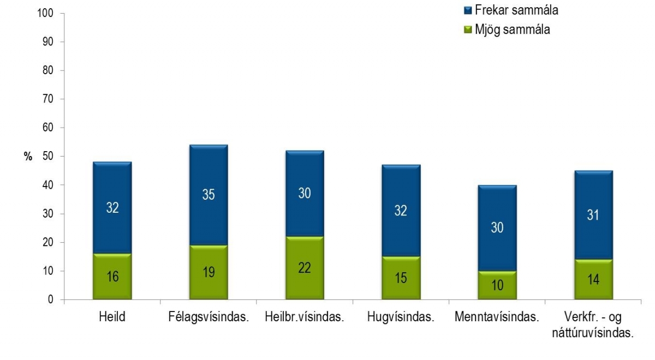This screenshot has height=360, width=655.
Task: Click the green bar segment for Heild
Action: [x=112, y=277]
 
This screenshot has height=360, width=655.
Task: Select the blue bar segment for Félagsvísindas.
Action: [x=209, y=195]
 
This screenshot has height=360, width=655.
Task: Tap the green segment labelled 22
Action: [x=305, y=268]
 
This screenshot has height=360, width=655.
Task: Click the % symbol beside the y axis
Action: [x=28, y=157]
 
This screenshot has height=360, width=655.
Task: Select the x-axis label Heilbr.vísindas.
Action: [x=305, y=318]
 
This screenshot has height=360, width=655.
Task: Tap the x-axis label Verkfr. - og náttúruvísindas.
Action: [x=593, y=325]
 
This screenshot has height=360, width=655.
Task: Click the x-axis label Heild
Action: [x=112, y=318]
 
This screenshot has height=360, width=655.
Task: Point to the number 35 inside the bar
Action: [x=209, y=195]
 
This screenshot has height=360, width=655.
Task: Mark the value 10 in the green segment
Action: [x=497, y=285]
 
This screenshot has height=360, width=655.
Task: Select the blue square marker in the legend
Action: [x=467, y=10]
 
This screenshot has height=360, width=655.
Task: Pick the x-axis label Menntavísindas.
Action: [x=497, y=318]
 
